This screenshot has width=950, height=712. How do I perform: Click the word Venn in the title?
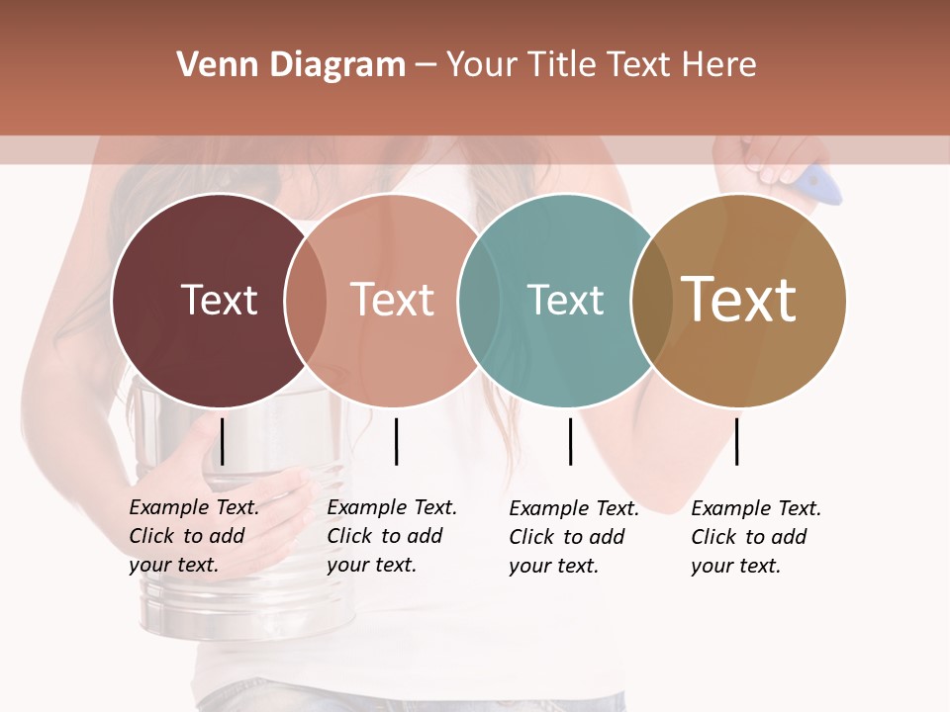pyautogui.click(x=210, y=65)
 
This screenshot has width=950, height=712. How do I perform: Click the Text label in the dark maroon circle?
pyautogui.click(x=219, y=301)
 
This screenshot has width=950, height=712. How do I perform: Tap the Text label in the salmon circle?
pyautogui.click(x=393, y=301)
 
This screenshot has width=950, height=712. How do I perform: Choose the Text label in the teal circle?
pyautogui.click(x=565, y=301)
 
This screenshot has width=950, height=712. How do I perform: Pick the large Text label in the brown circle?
pyautogui.click(x=739, y=300)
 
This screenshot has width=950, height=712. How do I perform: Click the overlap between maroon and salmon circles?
pyautogui.click(x=306, y=301)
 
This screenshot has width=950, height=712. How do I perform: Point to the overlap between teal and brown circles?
pyautogui.click(x=651, y=301)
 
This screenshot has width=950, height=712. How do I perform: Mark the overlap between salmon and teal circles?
pyautogui.click(x=478, y=301)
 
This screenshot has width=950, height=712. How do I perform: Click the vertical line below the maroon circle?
pyautogui.click(x=223, y=441)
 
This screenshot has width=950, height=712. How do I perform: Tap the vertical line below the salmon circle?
pyautogui.click(x=396, y=441)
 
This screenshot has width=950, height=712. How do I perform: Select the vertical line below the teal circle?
pyautogui.click(x=570, y=441)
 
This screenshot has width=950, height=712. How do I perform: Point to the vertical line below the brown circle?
pyautogui.click(x=736, y=441)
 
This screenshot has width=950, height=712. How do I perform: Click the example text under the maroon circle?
pyautogui.click(x=193, y=536)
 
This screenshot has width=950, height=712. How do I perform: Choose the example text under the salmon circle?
pyautogui.click(x=391, y=536)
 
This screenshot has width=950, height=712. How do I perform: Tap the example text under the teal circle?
pyautogui.click(x=573, y=537)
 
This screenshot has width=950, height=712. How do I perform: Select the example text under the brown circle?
pyautogui.click(x=755, y=537)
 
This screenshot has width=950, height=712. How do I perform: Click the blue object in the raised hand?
pyautogui.click(x=820, y=185)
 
